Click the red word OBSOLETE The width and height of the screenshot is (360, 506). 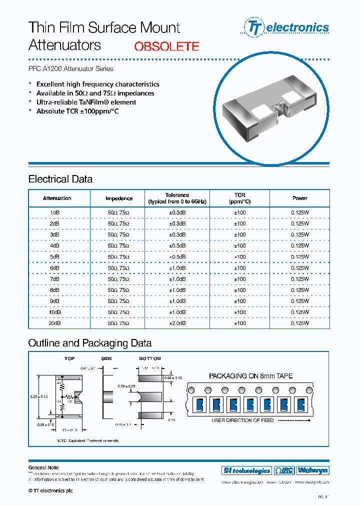click(166, 46)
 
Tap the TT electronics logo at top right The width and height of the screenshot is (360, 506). click(286, 27)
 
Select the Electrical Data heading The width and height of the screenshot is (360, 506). click(60, 179)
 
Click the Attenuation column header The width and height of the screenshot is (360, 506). click(57, 198)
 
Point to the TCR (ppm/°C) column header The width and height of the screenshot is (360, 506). click(239, 198)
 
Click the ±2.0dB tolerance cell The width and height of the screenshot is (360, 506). click(177, 323)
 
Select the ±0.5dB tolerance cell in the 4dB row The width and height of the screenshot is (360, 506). click(177, 245)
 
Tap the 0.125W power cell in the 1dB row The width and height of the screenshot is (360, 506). click(299, 212)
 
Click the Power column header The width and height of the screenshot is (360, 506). click(299, 198)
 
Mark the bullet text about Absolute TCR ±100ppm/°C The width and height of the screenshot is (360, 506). click(77, 111)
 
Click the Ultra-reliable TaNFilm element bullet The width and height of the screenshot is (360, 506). click(86, 102)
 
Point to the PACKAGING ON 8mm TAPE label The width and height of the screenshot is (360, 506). click(250, 376)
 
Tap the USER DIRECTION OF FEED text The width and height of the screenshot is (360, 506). click(242, 420)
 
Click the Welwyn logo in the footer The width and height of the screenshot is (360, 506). click(312, 470)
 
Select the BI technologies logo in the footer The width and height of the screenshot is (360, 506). click(246, 470)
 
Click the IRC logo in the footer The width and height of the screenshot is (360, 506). click(284, 470)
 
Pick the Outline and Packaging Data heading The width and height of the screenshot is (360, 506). click(89, 343)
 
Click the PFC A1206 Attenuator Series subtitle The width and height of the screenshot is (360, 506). click(70, 68)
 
